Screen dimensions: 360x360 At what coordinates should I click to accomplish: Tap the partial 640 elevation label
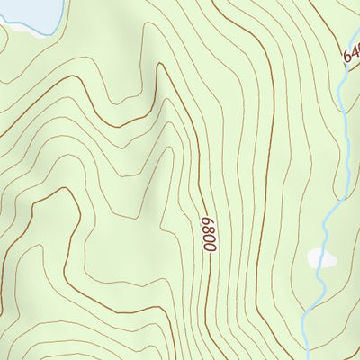click(350, 55)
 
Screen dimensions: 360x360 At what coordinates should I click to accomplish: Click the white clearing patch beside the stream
click(321, 258)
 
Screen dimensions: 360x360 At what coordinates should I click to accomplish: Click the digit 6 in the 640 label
click(345, 59)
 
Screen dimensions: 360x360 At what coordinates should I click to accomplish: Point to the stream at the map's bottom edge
click(305, 355)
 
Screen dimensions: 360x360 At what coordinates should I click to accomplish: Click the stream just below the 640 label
click(343, 90)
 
